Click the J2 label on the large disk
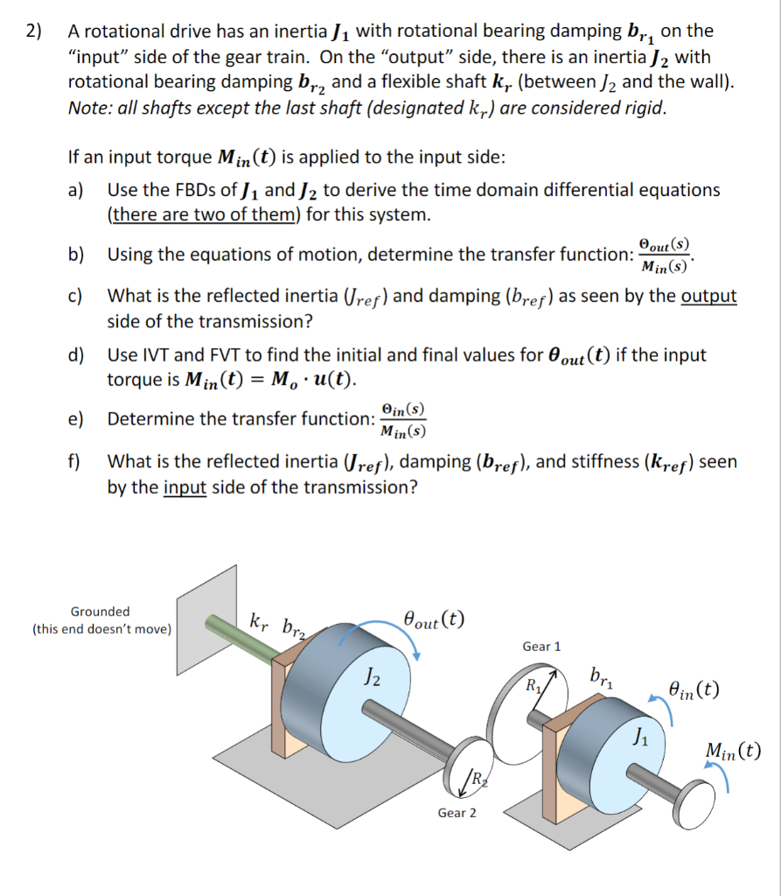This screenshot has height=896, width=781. (371, 678)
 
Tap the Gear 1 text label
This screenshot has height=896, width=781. (541, 646)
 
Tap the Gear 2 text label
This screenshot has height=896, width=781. (457, 813)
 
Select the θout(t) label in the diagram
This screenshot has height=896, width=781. (434, 620)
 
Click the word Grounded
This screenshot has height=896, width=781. (100, 611)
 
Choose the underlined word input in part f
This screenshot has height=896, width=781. (185, 486)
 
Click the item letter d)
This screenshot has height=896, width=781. (76, 356)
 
